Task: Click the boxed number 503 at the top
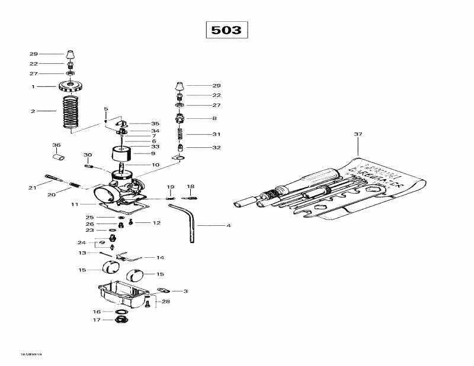pos(226,30)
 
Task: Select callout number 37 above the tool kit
pos(358,135)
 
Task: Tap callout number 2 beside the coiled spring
pos(34,111)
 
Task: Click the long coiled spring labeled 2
pos(71,111)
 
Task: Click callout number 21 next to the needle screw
pos(31,187)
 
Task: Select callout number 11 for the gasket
pos(75,205)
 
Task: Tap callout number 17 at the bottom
pos(97,320)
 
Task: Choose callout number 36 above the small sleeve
pos(56,145)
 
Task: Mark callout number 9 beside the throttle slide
pos(156,153)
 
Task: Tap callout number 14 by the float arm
pos(160,258)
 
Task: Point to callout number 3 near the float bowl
pos(185,291)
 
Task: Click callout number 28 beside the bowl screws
pos(166,302)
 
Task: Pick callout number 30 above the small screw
pos(88,155)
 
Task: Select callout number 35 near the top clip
pos(155,124)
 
